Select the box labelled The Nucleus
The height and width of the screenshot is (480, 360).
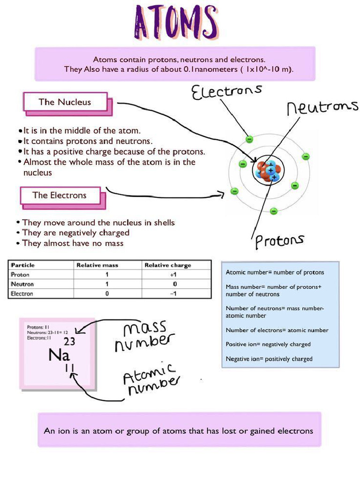tap(65, 102)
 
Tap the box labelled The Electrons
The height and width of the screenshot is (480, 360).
tap(60, 195)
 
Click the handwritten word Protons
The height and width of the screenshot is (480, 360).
tap(279, 241)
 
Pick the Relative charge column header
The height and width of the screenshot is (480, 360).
tap(168, 265)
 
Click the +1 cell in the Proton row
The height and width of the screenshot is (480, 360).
tap(173, 275)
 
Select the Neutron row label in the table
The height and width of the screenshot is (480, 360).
tap(22, 284)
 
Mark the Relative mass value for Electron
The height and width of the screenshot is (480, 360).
tap(107, 294)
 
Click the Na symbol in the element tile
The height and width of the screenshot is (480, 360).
tap(59, 355)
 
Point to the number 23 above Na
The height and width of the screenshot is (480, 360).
tap(69, 341)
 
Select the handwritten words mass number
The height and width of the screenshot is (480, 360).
tap(143, 336)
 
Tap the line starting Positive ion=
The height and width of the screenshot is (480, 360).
tap(268, 344)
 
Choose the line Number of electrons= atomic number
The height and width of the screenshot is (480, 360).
tap(277, 330)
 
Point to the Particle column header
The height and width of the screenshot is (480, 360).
tap(23, 265)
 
